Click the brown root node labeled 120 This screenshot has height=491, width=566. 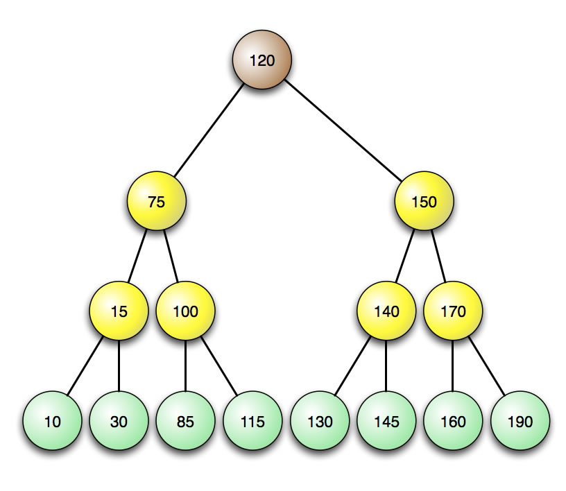261,60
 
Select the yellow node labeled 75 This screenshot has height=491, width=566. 157,202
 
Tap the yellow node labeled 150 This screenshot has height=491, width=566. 424,202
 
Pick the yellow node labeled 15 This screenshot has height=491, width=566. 119,311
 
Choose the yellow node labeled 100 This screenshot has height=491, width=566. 185,311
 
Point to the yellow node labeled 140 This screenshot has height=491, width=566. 386,311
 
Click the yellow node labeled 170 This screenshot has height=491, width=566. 453,311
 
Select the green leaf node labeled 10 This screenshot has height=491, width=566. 52,421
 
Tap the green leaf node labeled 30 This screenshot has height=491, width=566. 119,421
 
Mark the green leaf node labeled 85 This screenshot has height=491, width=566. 185,421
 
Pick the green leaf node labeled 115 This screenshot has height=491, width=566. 252,421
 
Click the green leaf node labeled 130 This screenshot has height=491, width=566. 319,421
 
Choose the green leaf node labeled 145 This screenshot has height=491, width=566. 386,421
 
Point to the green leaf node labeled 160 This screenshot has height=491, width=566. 453,421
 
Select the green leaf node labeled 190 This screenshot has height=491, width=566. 520,421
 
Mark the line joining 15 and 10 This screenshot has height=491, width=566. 85,366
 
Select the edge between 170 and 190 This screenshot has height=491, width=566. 487,366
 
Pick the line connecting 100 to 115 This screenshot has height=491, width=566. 219,366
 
